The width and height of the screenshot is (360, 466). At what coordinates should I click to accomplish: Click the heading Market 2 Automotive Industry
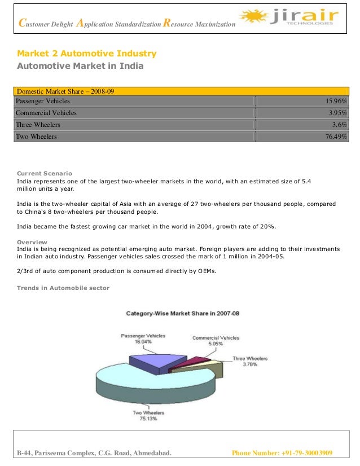[87, 54]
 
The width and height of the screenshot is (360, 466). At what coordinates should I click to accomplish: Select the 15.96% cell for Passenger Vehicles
[336, 101]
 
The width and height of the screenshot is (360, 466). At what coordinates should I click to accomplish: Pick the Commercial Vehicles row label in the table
[46, 113]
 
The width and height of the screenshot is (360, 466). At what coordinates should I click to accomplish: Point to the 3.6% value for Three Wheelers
[340, 125]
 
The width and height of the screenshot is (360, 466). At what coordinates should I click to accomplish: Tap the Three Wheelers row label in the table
[38, 125]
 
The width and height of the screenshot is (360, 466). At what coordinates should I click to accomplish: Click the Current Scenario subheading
[45, 173]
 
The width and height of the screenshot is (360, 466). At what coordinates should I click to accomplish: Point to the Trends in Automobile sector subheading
[63, 288]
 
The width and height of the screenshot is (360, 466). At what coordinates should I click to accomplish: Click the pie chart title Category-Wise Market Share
[182, 313]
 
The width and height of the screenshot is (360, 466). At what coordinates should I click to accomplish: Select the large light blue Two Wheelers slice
[147, 386]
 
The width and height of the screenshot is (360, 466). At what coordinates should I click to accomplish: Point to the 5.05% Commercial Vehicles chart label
[216, 344]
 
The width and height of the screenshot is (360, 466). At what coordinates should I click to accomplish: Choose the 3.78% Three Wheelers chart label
[250, 364]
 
